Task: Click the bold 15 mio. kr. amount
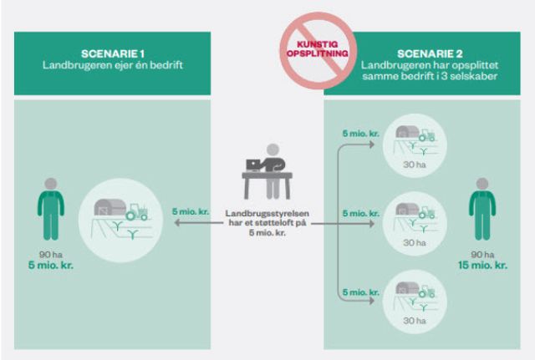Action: (483, 266)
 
